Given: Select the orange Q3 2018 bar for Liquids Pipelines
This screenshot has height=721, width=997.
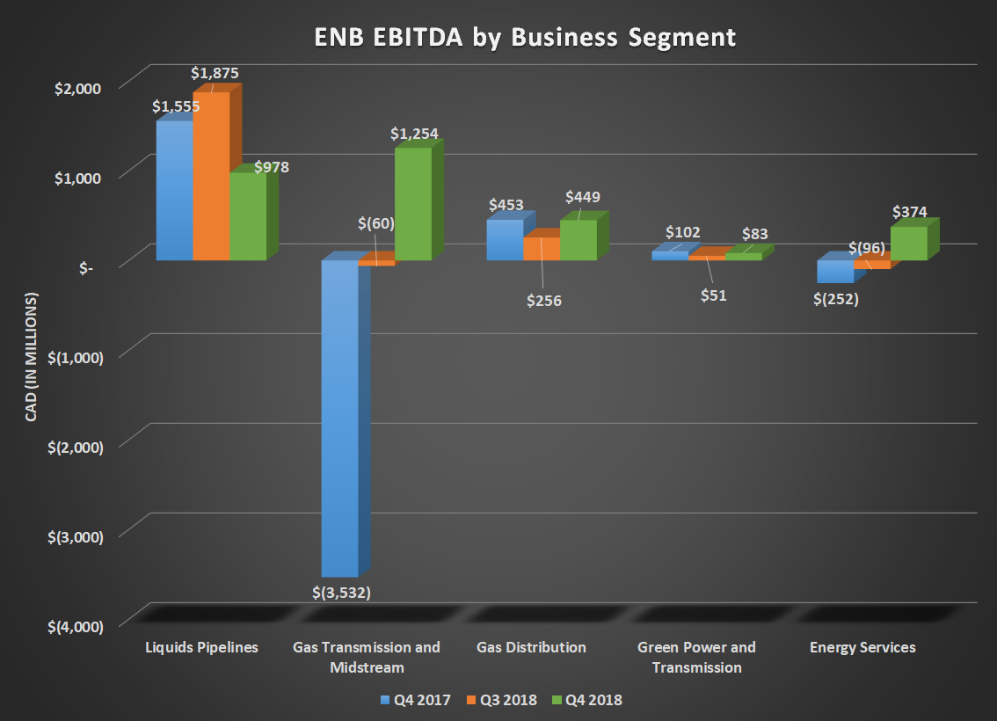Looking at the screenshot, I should [211, 176].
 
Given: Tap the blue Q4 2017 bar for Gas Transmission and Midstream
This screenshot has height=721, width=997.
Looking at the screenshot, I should [339, 418].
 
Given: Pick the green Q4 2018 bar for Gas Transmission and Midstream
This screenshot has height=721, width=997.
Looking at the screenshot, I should [412, 204].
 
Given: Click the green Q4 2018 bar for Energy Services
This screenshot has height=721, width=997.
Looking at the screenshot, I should [908, 244].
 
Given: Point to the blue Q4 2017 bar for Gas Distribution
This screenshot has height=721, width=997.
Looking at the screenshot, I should [505, 240].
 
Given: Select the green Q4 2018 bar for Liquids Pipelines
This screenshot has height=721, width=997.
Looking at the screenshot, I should [248, 216].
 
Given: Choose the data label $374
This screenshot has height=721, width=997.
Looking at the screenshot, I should [909, 212].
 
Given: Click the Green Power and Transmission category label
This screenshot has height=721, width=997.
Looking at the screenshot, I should [696, 657].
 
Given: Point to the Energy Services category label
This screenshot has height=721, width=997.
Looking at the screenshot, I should [862, 647].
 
